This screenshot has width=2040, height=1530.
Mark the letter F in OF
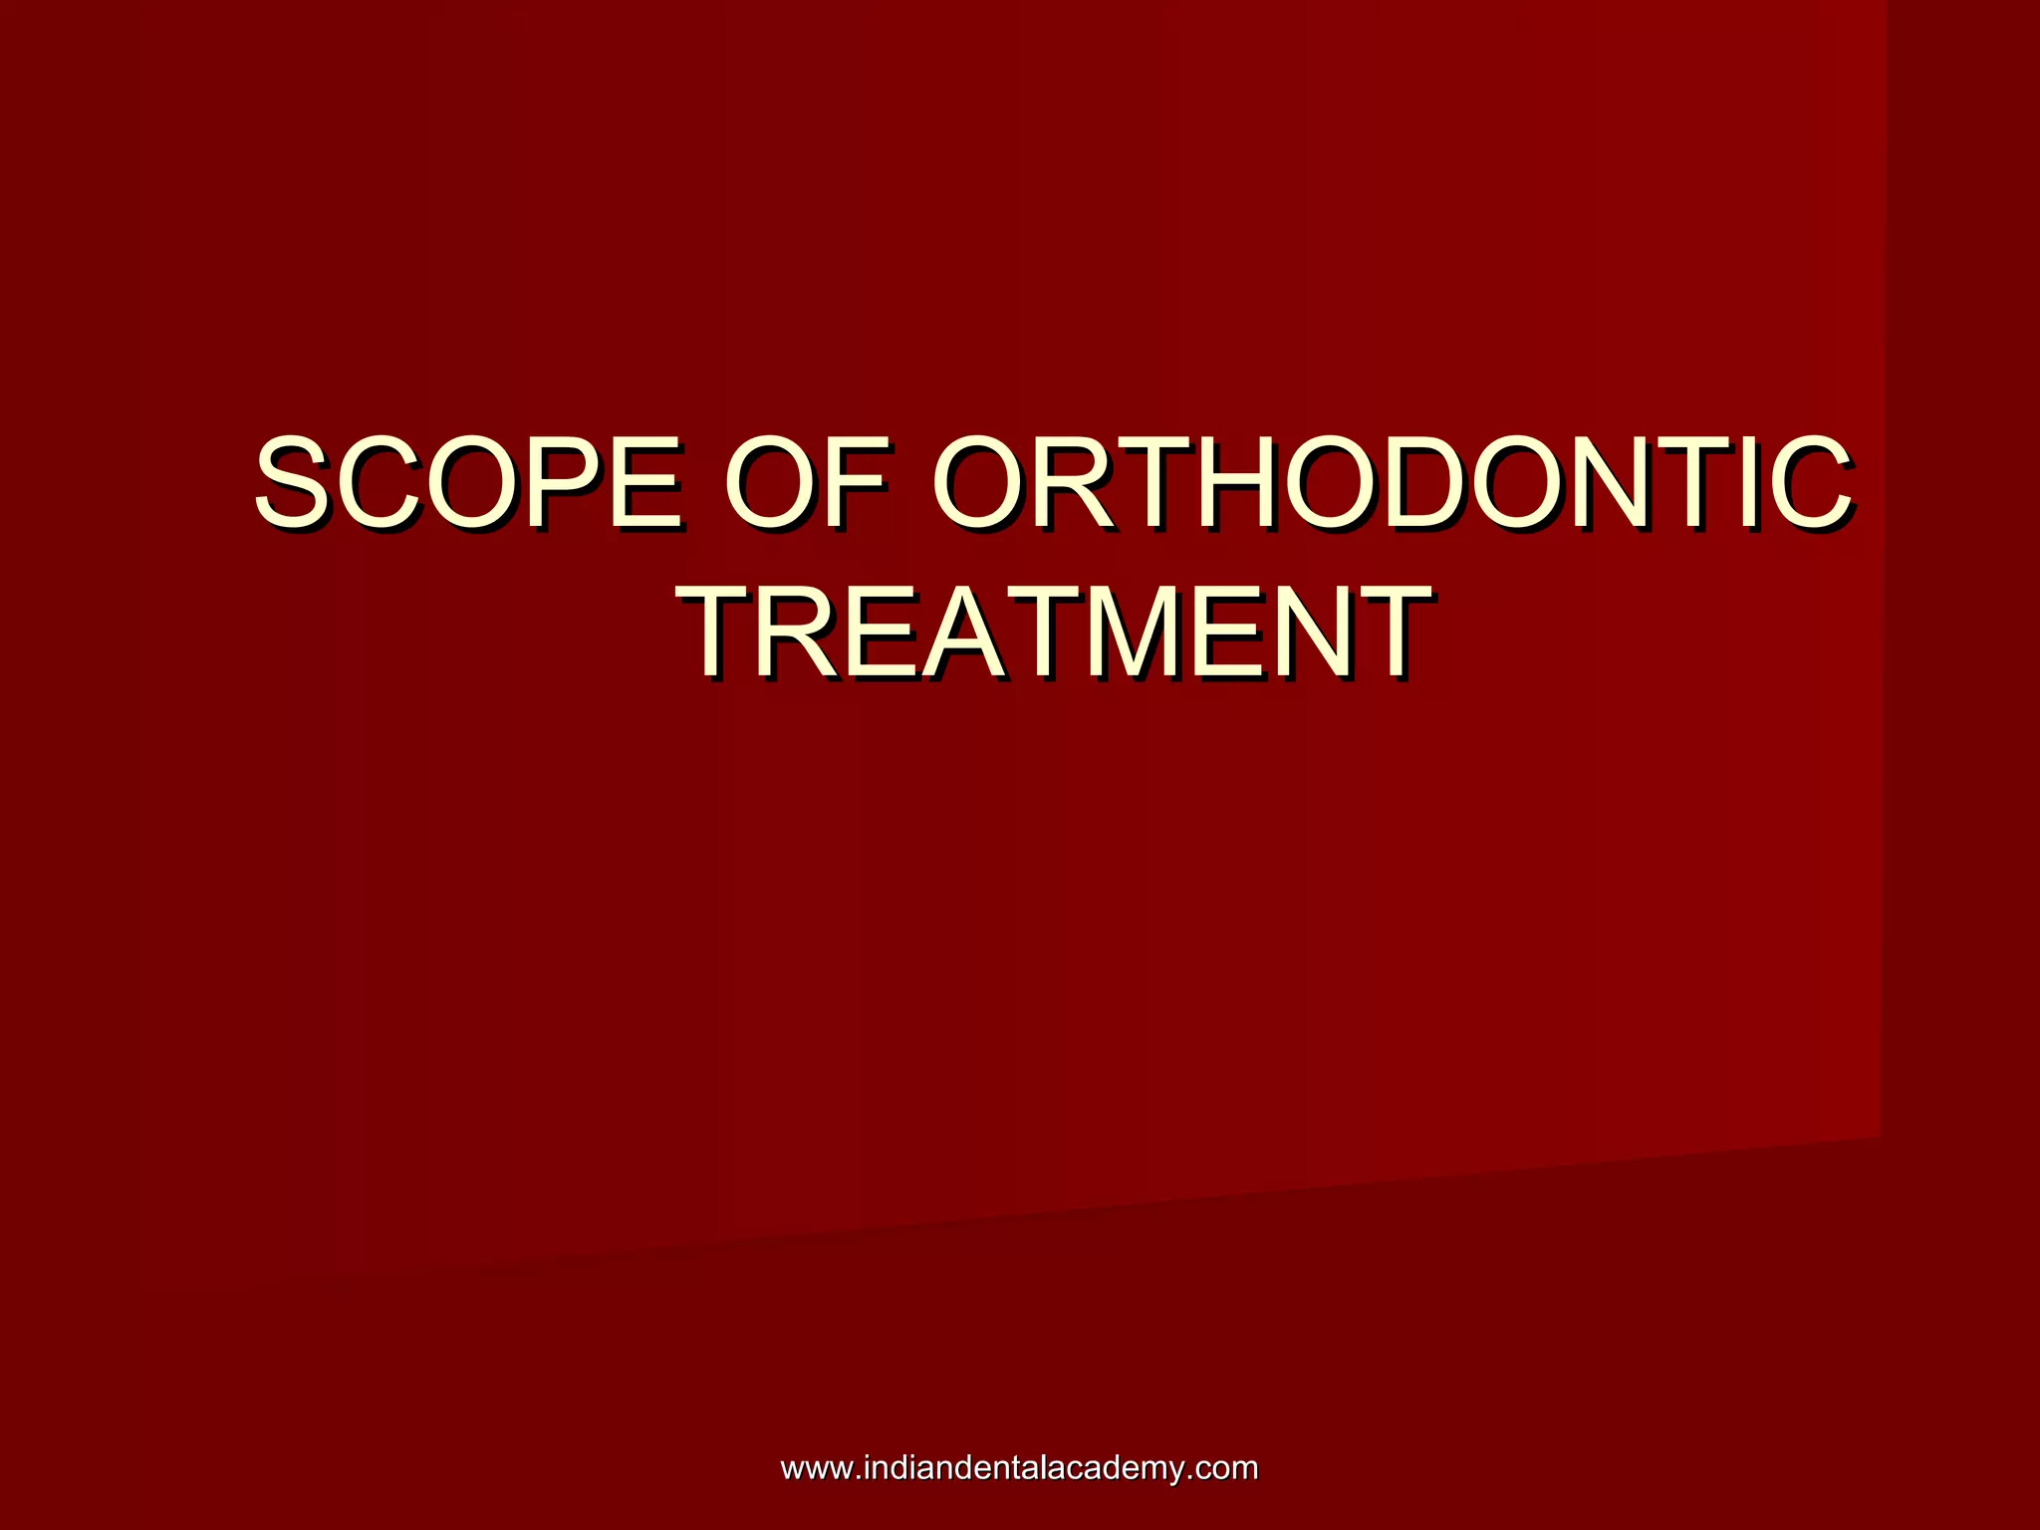tap(857, 482)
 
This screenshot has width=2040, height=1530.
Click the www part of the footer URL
tap(814, 1469)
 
